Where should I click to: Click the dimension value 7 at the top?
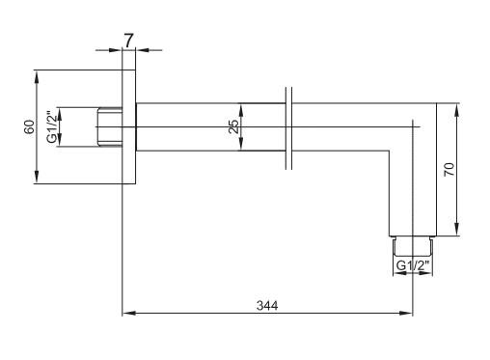coord(128,41)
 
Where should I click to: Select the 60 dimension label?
coord(30,126)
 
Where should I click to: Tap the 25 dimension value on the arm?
coord(233,126)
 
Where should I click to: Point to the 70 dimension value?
coord(449,169)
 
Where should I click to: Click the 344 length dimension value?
coord(267,305)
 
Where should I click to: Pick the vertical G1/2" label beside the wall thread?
coord(51,126)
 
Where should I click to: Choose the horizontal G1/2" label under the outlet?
coord(413,265)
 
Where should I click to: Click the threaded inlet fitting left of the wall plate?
coord(110,126)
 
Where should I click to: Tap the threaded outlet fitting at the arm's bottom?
coord(413,246)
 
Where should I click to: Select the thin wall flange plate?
coord(129,126)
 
